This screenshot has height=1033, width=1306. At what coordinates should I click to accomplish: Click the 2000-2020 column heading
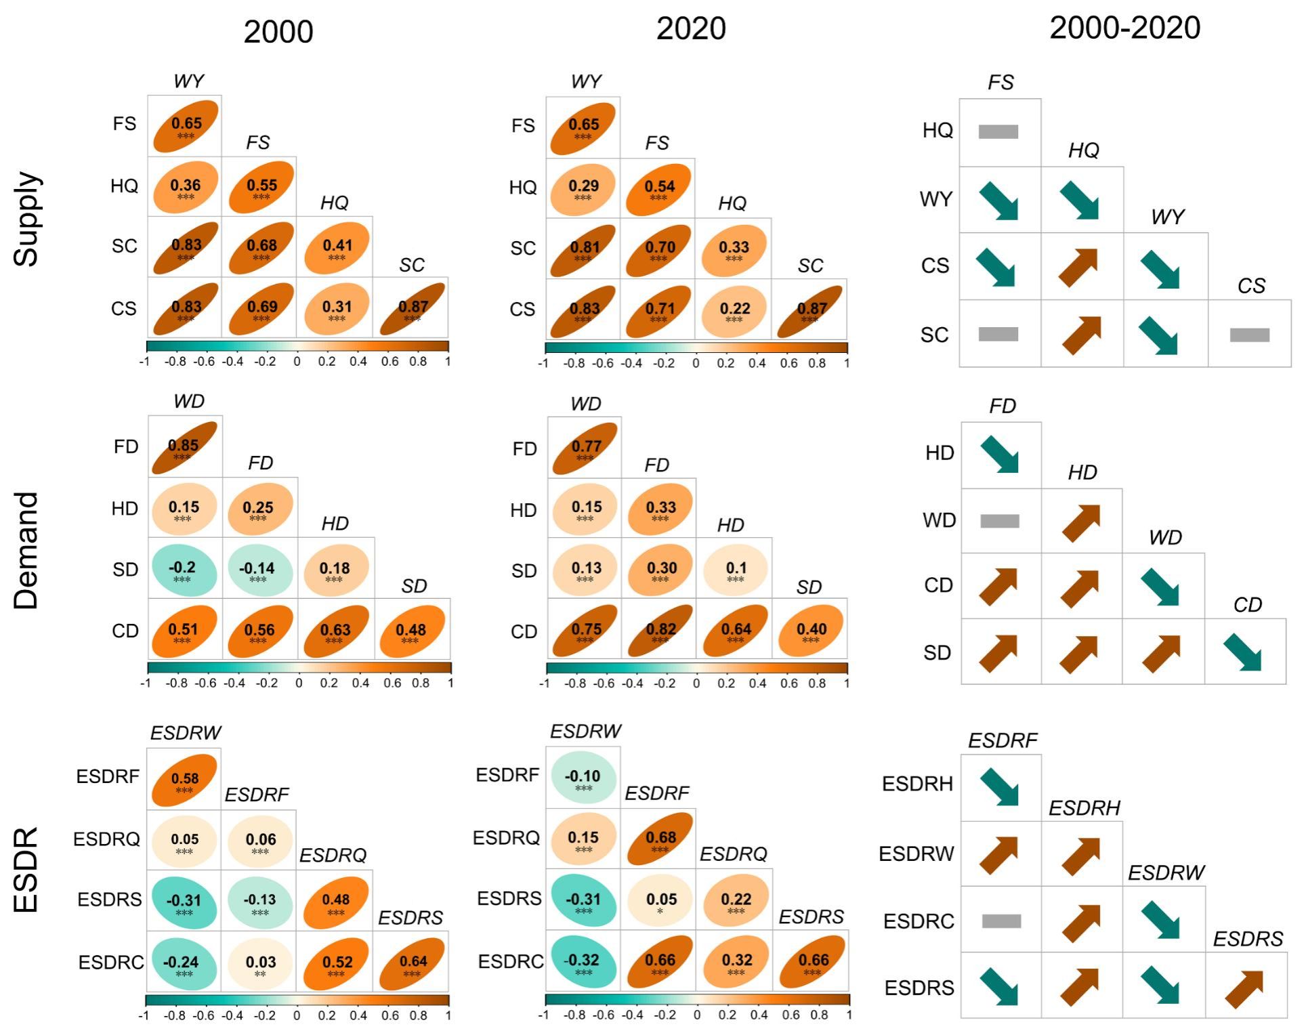pyautogui.click(x=1124, y=28)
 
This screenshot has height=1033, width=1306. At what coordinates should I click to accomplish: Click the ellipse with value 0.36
pyautogui.click(x=186, y=187)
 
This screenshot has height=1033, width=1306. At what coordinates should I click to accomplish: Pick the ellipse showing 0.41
pyautogui.click(x=337, y=247)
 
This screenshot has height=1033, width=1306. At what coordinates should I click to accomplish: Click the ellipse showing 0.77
pyautogui.click(x=585, y=448)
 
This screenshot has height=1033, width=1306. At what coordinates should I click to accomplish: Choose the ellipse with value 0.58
pyautogui.click(x=184, y=780)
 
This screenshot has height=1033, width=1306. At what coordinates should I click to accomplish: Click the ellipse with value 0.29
pyautogui.click(x=583, y=188)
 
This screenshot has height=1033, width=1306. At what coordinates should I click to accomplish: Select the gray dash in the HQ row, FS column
pyautogui.click(x=998, y=131)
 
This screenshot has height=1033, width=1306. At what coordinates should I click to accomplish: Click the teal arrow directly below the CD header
pyautogui.click(x=1242, y=652)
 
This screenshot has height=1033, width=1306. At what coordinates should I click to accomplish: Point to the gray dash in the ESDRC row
pyautogui.click(x=1001, y=921)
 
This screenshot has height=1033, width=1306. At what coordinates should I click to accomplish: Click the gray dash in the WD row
pyautogui.click(x=1000, y=521)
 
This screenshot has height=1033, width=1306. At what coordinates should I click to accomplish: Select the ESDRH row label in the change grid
pyautogui.click(x=917, y=784)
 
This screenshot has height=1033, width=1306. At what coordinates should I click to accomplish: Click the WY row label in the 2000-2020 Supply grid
pyautogui.click(x=936, y=199)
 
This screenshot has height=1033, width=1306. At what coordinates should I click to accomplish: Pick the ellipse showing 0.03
pyautogui.click(x=260, y=963)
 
